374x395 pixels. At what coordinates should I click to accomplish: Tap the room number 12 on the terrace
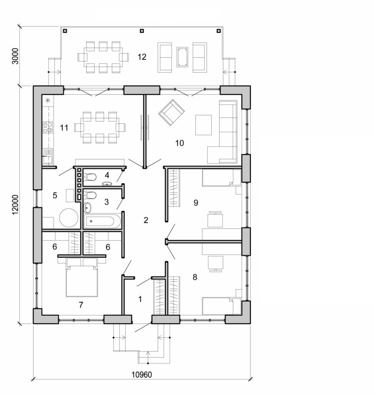tap(142, 57)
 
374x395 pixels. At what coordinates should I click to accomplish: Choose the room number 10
tap(179, 143)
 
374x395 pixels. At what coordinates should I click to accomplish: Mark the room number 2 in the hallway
tap(146, 220)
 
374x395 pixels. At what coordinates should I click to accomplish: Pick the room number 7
tap(81, 305)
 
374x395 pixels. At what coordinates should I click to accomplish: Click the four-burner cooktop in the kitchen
tap(47, 127)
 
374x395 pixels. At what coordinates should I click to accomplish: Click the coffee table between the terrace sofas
tap(182, 57)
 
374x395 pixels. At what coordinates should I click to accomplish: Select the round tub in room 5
tap(69, 218)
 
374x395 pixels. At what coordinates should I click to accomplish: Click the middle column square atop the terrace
tap(142, 30)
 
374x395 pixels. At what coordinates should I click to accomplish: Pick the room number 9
tap(196, 202)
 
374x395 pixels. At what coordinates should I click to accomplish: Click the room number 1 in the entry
tap(140, 299)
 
